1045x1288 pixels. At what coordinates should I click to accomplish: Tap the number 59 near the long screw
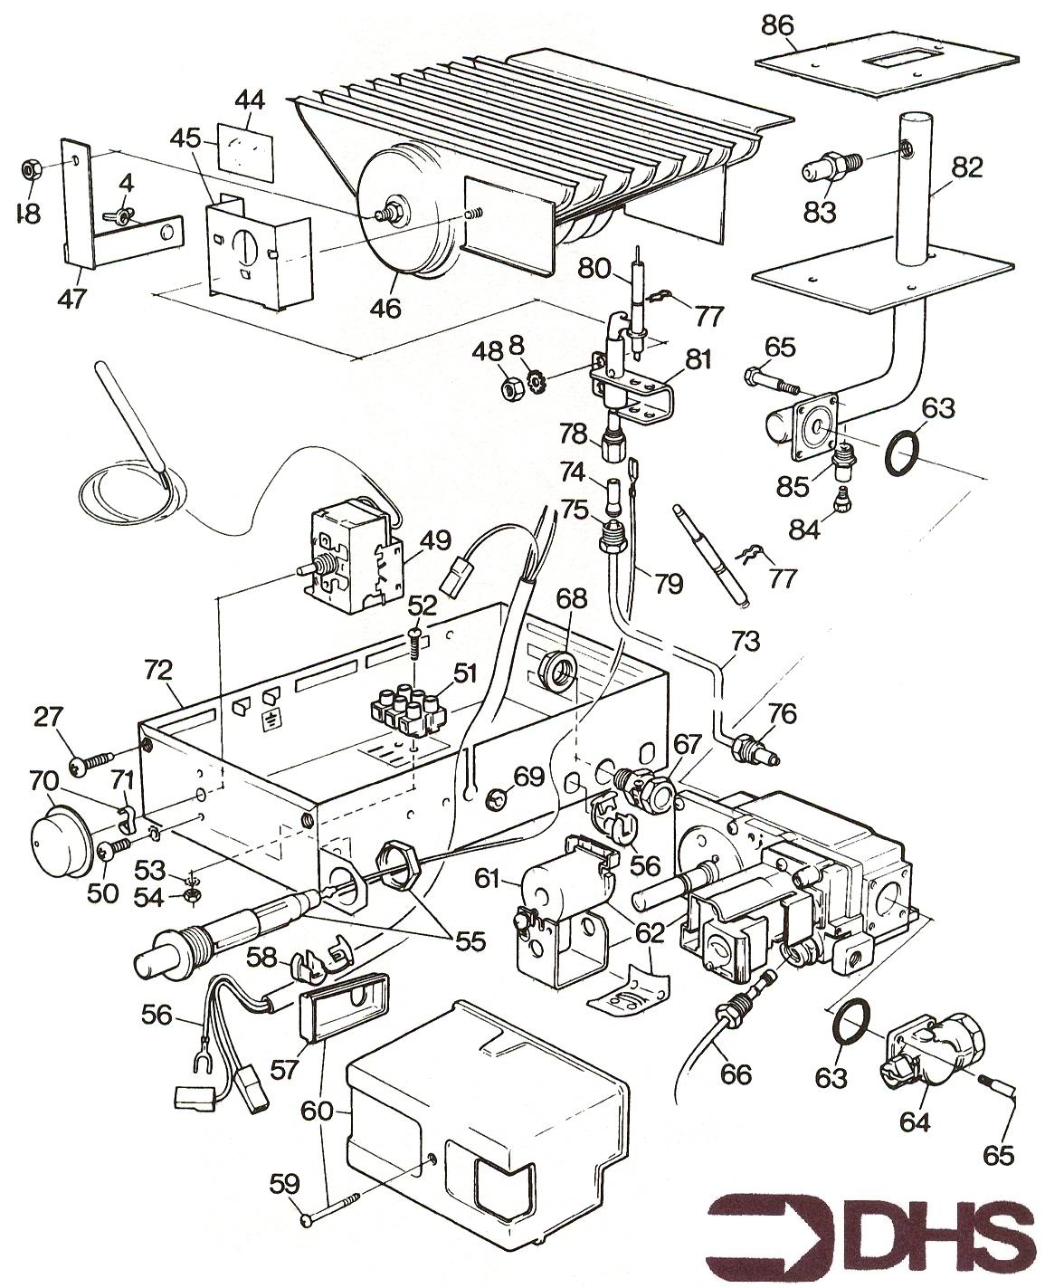click(x=284, y=1183)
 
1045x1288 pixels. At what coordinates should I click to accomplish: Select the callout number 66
click(x=735, y=1074)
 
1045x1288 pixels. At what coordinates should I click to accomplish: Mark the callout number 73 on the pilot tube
click(x=746, y=642)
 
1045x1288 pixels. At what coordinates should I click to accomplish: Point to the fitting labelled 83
click(x=826, y=167)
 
